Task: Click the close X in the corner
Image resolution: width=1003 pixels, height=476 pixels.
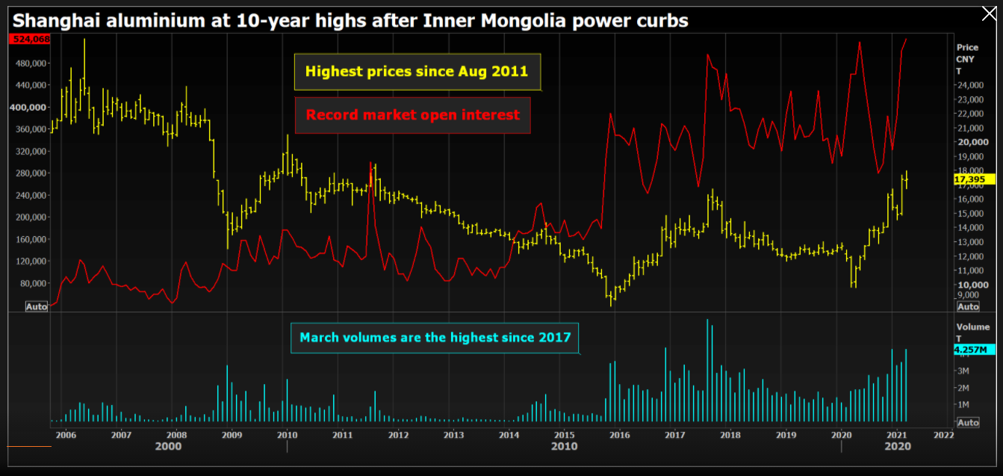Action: click(x=987, y=13)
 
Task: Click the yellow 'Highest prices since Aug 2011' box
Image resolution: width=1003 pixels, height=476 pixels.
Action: click(x=417, y=72)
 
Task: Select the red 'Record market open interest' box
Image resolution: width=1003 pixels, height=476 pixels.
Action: click(x=412, y=115)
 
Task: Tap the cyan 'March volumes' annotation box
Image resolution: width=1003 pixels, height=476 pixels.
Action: click(x=435, y=338)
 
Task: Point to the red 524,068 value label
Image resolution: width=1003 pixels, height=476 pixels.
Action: click(x=29, y=39)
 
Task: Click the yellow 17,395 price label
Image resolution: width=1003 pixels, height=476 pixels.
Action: click(x=969, y=179)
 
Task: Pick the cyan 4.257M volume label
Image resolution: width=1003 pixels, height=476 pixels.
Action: click(x=970, y=349)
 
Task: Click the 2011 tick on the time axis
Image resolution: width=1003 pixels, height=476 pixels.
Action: click(x=342, y=434)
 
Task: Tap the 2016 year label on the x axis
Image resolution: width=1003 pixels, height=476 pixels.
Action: click(x=619, y=434)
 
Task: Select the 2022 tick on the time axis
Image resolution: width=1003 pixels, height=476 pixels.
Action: click(x=943, y=434)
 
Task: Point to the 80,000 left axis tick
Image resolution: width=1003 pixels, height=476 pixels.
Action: click(x=33, y=283)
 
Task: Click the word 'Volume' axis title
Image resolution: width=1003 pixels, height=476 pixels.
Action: click(x=972, y=327)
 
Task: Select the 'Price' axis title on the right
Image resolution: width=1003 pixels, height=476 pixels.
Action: click(x=967, y=47)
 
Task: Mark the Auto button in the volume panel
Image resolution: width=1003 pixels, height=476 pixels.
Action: click(x=967, y=422)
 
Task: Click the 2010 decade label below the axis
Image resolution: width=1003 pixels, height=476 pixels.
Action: click(x=564, y=446)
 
